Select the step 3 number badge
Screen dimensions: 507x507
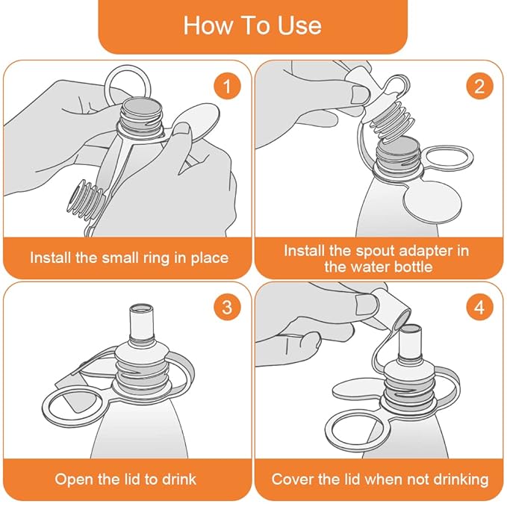[226, 307]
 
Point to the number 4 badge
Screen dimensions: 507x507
[478, 307]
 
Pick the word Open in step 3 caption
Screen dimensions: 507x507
[72, 479]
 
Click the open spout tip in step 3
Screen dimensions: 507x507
[141, 309]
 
